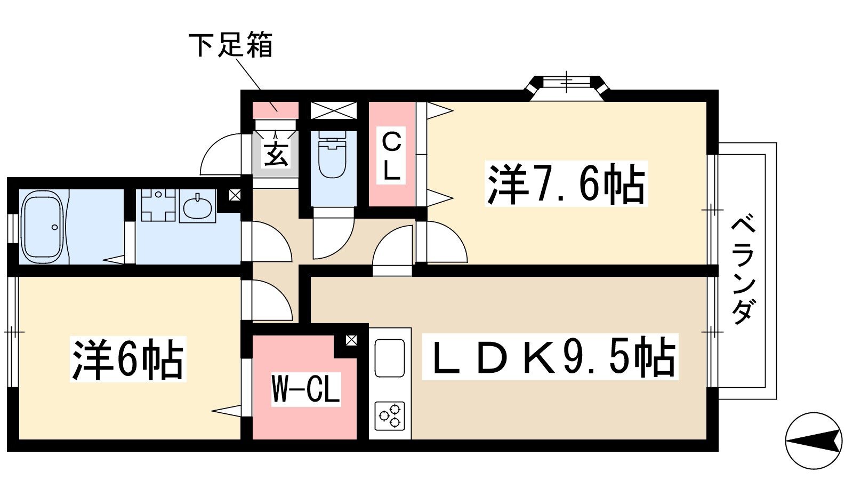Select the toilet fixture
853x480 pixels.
(x=332, y=154)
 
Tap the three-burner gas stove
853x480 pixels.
(x=390, y=416)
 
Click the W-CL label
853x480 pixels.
(x=305, y=389)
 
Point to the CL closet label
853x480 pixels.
(x=391, y=157)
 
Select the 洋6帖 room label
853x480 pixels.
(x=128, y=359)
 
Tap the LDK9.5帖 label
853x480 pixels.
(x=550, y=357)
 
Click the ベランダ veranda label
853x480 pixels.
(x=743, y=270)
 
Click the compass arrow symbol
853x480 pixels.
(x=814, y=441)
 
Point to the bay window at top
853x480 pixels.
(x=567, y=89)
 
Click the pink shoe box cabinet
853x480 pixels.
(x=276, y=110)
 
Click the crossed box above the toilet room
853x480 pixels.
(x=334, y=110)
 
